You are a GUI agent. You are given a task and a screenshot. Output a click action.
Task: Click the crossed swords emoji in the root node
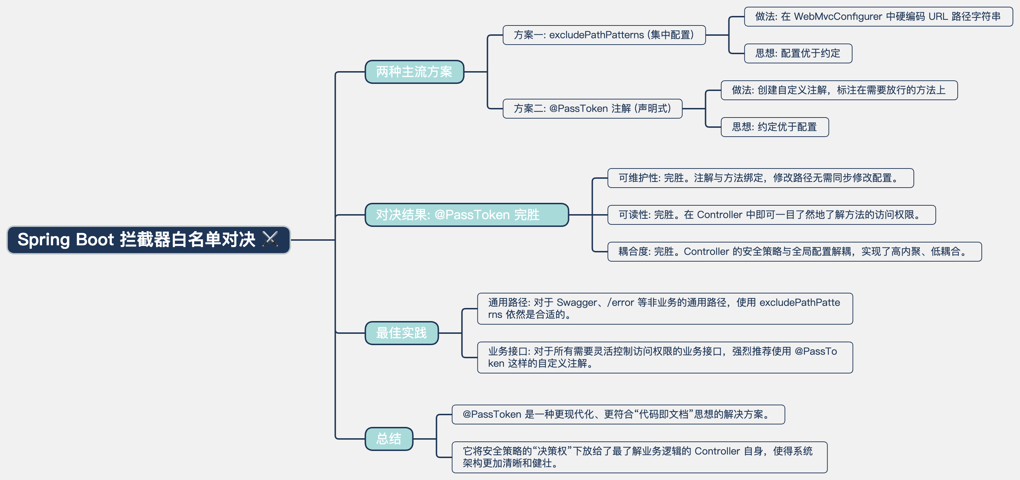(270, 239)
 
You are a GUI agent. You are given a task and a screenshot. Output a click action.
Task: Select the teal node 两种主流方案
(414, 72)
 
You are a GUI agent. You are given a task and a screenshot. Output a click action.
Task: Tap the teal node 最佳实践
(401, 333)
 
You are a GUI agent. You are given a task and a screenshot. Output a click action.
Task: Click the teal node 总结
(389, 439)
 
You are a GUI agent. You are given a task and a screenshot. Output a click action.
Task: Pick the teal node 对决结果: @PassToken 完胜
(466, 215)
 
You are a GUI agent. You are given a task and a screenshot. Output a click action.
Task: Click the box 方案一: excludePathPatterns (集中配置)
(603, 35)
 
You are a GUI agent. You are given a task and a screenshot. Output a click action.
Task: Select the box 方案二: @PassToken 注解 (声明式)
(592, 109)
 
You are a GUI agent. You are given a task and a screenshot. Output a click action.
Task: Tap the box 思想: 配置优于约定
(797, 53)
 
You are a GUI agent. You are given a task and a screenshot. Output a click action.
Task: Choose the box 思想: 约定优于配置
(774, 127)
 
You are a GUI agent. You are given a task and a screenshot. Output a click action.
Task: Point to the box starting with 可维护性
(760, 178)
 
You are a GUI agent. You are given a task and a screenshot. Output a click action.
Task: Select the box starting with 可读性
(771, 215)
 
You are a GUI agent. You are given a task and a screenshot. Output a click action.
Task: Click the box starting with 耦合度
(794, 251)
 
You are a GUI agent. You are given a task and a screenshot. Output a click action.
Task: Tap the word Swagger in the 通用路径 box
(576, 303)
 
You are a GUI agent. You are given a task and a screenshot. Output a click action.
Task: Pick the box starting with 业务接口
(664, 357)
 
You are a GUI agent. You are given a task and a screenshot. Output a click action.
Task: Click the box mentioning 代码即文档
(618, 414)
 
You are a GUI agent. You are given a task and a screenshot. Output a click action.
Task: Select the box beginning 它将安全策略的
(639, 457)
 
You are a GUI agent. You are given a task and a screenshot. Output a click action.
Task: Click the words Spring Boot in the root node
(66, 239)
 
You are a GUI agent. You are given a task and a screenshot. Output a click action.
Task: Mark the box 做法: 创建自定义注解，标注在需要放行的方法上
(839, 90)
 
